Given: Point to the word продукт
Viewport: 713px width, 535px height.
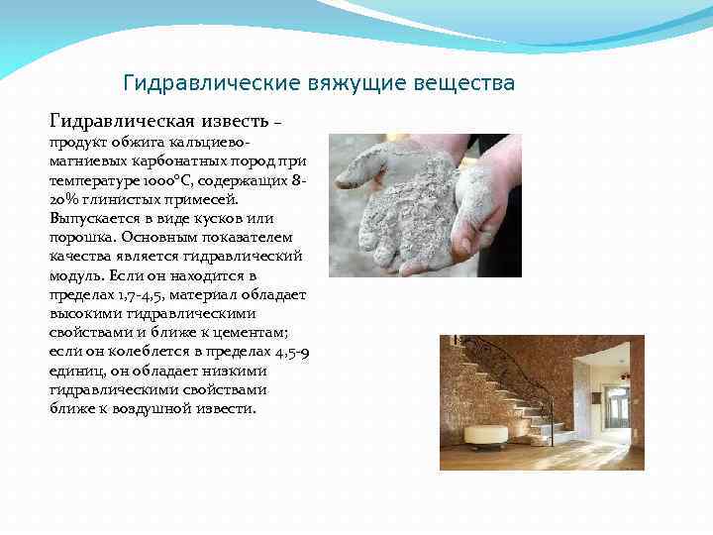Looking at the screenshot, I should tap(77, 144).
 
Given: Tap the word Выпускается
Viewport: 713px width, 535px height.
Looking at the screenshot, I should tap(96, 219).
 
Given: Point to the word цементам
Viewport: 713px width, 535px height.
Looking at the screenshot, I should tap(255, 332).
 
